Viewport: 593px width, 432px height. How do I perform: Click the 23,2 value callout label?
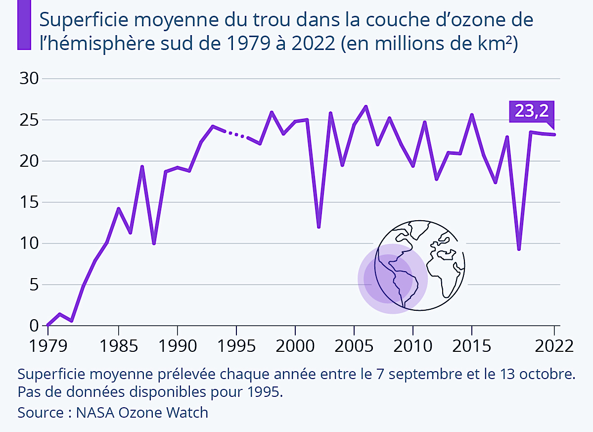532,111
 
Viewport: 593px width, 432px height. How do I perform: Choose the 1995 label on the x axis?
236,345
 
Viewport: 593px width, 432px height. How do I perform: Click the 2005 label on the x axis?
354,345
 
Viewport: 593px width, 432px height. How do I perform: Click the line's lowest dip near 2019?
519,249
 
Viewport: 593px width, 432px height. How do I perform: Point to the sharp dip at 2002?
319,227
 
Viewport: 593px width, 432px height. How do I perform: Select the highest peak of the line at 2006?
365,106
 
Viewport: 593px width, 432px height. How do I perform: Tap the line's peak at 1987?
142,167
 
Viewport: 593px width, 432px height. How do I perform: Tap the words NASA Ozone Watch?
142,412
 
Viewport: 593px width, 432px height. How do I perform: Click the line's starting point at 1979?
47,325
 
